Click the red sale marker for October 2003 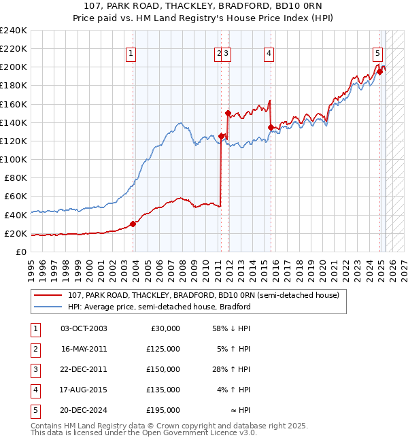pyautogui.click(x=133, y=224)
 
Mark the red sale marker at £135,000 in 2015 pyautogui.click(x=271, y=127)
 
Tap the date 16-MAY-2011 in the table pyautogui.click(x=84, y=349)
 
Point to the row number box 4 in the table pyautogui.click(x=35, y=390)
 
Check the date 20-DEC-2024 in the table pyautogui.click(x=84, y=410)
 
